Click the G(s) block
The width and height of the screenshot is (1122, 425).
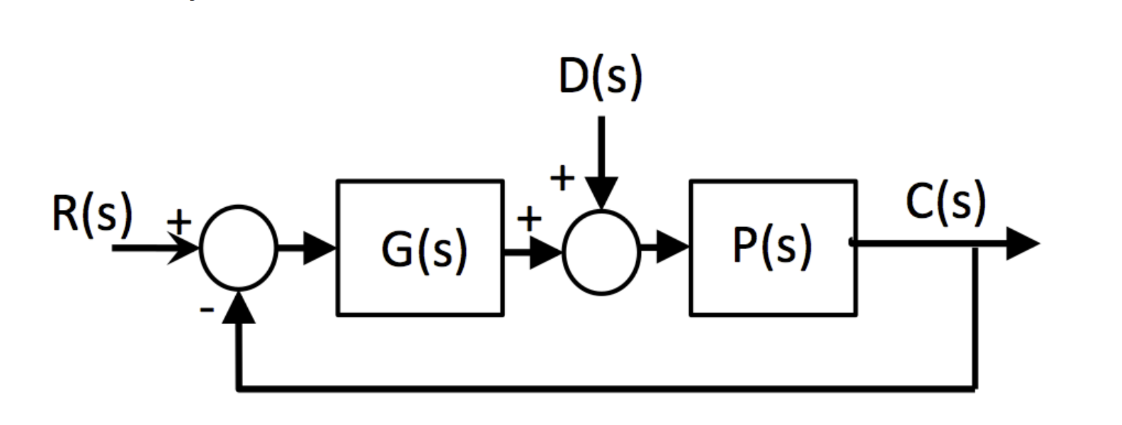(x=420, y=248)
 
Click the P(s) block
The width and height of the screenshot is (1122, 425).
(x=773, y=247)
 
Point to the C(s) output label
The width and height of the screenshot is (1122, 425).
(x=946, y=201)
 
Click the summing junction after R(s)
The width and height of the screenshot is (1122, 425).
(x=239, y=248)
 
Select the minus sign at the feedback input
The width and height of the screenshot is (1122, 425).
(x=207, y=309)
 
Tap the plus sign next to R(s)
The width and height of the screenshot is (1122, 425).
(x=180, y=222)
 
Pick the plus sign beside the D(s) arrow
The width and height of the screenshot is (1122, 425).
(x=562, y=177)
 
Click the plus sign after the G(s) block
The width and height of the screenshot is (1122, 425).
(x=529, y=219)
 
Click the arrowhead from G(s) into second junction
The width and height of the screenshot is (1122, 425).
(x=546, y=251)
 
